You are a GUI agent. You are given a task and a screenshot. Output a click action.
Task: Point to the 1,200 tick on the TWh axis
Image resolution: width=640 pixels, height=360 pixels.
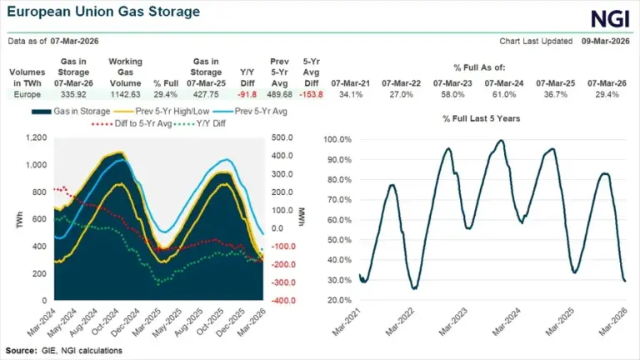[35, 138]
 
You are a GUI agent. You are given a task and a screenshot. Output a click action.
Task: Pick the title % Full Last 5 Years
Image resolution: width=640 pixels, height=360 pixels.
[481, 119]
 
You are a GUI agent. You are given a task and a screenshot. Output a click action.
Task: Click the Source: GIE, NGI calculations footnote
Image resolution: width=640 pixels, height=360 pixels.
[63, 350]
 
